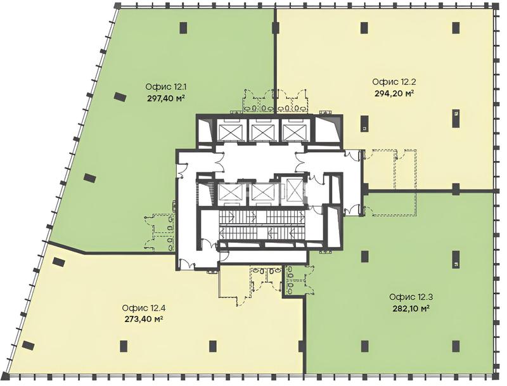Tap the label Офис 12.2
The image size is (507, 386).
pyautogui.click(x=394, y=82)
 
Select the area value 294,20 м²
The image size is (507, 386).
pyautogui.click(x=394, y=93)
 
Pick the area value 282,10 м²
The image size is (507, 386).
pyautogui.click(x=411, y=308)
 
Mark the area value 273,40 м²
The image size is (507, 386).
pyautogui.click(x=143, y=319)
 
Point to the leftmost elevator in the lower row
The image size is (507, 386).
pyautogui.click(x=229, y=193)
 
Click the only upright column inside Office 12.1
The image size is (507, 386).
pyautogui.click(x=183, y=27)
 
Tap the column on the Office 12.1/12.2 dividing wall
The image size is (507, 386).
pyautogui.click(x=276, y=27)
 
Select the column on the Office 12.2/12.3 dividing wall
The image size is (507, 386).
pyautogui.click(x=456, y=189)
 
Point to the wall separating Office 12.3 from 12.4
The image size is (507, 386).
pyautogui.click(x=304, y=335)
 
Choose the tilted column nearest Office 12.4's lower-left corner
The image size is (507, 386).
pyautogui.click(x=29, y=345)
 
